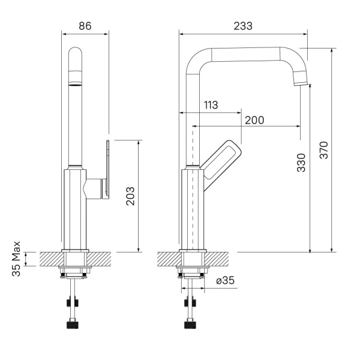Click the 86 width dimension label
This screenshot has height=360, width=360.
pyautogui.click(x=85, y=26)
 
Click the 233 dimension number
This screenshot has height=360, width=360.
pyautogui.click(x=243, y=26)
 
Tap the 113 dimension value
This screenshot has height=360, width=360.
pyautogui.click(x=211, y=105)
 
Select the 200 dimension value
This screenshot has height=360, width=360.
pyautogui.click(x=254, y=120)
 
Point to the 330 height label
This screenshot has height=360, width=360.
pyautogui.click(x=301, y=163)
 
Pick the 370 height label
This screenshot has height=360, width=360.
pyautogui.click(x=324, y=150)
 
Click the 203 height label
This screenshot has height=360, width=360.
pyautogui.click(x=130, y=196)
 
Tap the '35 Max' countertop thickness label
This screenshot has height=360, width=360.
pyautogui.click(x=16, y=259)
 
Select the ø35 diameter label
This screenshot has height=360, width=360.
pyautogui.click(x=225, y=280)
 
